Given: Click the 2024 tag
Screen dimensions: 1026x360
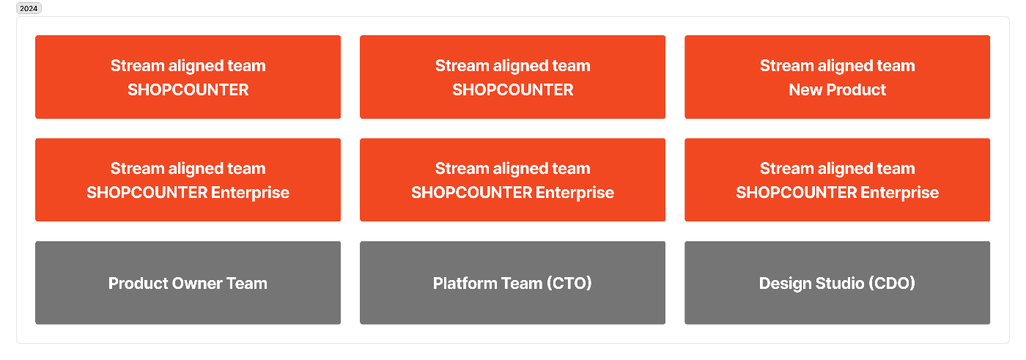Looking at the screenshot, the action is tap(29, 8).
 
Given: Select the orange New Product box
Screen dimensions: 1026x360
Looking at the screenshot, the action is tap(837, 77).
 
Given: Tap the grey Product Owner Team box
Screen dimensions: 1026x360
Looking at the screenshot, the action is tap(188, 282).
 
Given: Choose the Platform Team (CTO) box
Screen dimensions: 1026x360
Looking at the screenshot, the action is tap(512, 282).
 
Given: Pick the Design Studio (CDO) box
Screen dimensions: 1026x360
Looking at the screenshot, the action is tap(837, 282).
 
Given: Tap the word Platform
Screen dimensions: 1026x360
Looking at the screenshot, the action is tap(465, 284).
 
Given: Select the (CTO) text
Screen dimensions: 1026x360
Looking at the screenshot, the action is tap(569, 284).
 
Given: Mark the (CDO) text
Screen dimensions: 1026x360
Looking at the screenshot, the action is tap(891, 284).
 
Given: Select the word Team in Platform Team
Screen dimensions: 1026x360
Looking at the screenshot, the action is tap(522, 284).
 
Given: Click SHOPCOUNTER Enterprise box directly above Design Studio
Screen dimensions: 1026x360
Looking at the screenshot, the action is tap(837, 180).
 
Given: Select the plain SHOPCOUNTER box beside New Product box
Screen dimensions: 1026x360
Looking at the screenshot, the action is tap(512, 77).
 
